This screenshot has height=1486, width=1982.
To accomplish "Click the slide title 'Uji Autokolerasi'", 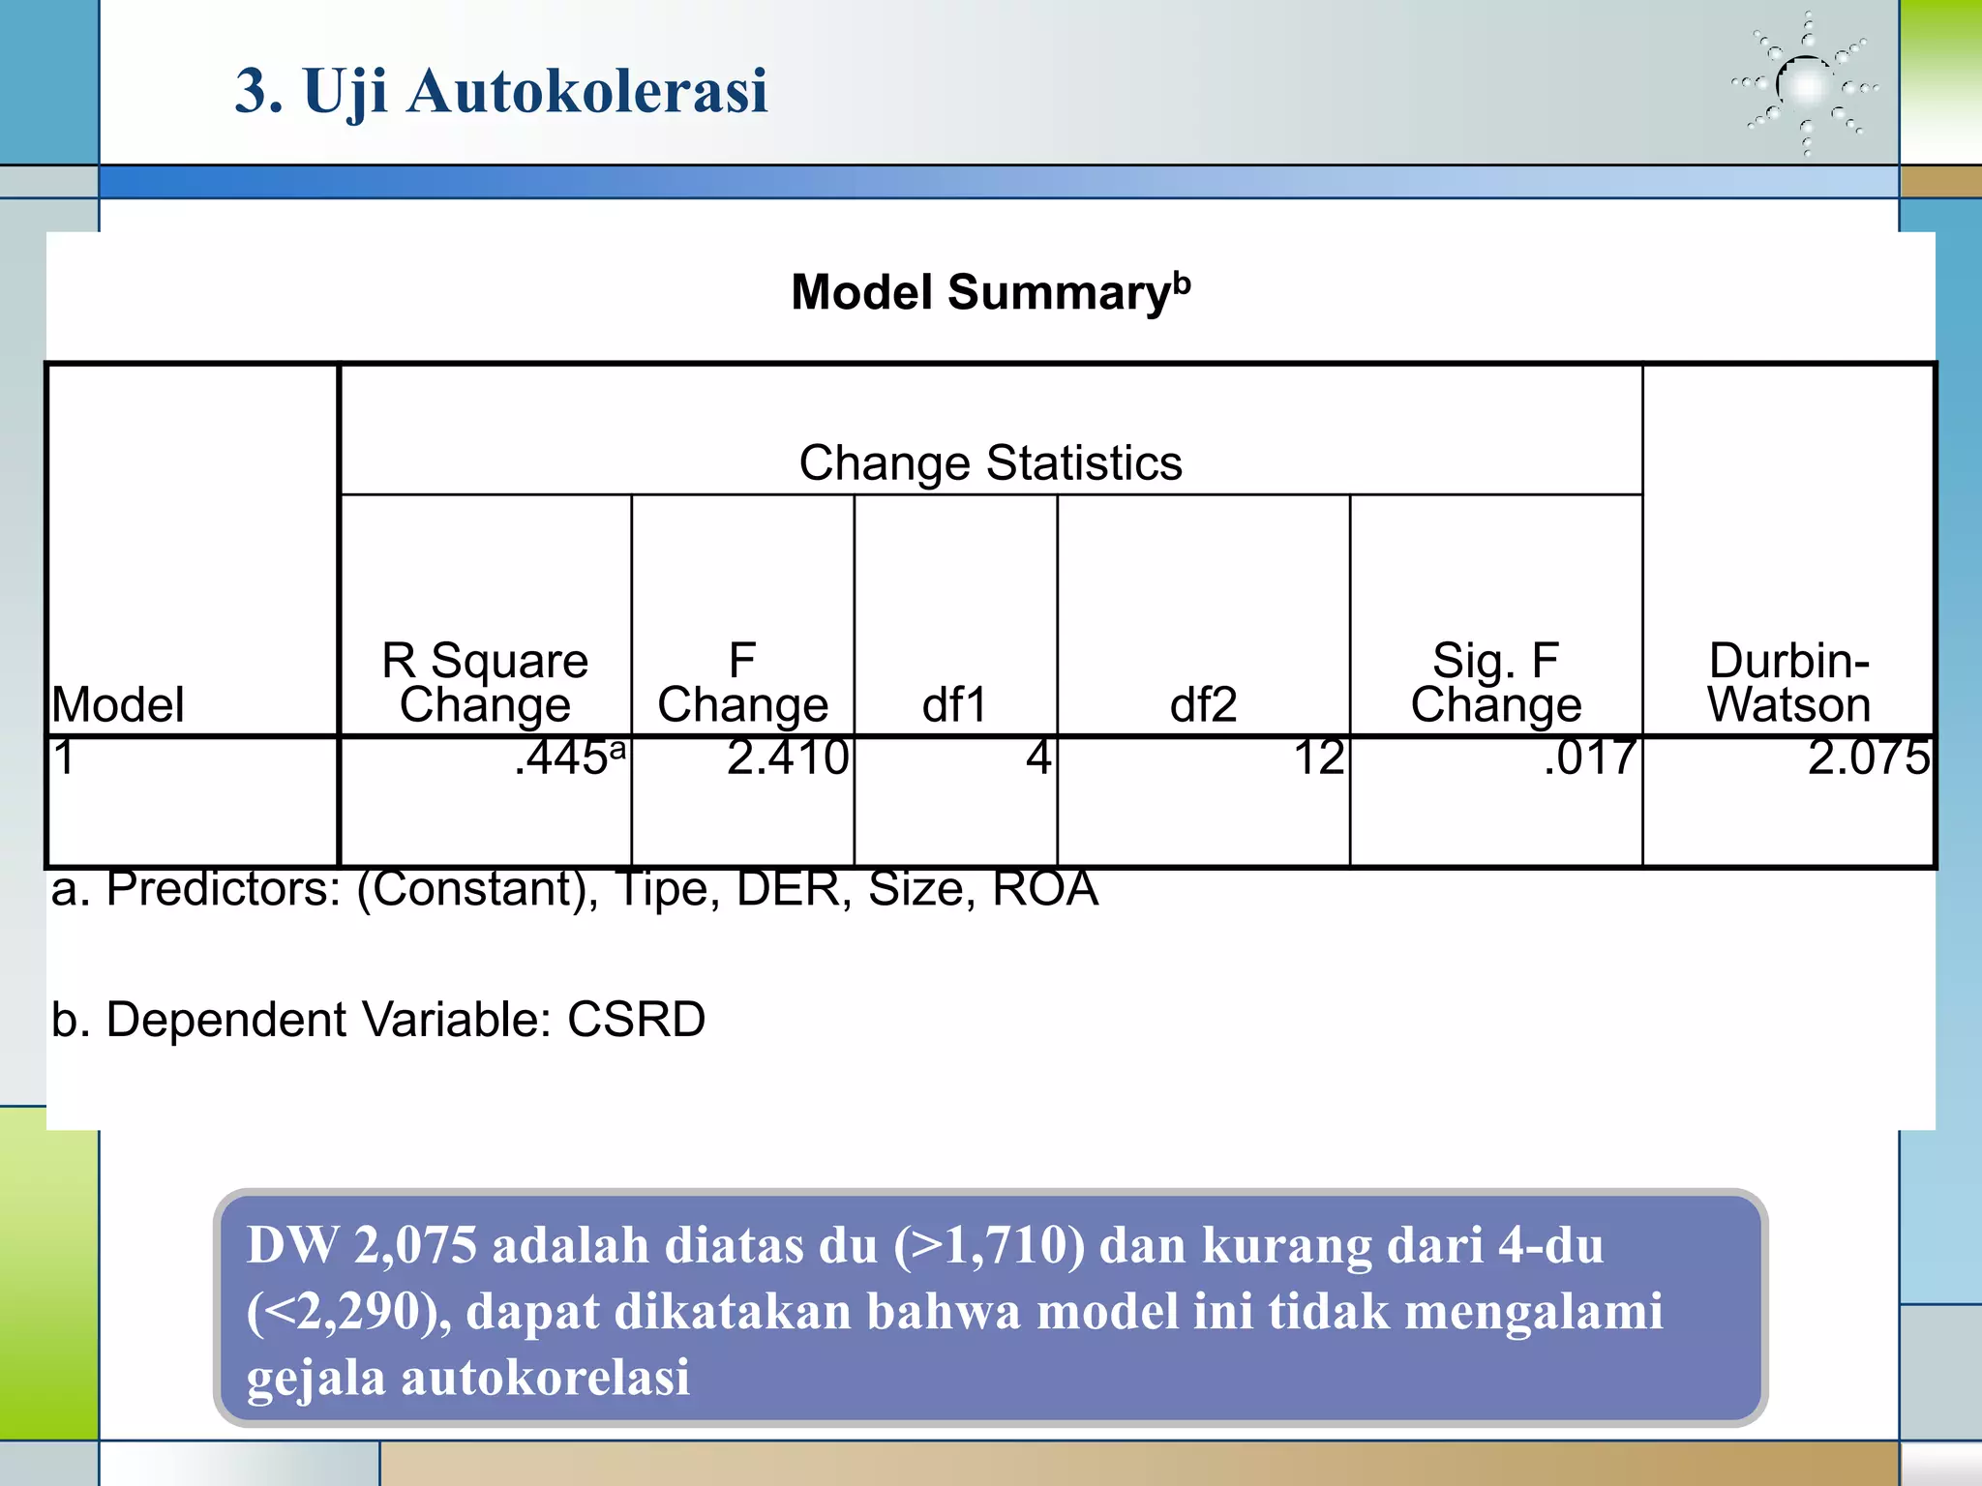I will click(501, 91).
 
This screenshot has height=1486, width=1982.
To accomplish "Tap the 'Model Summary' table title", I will click(990, 292).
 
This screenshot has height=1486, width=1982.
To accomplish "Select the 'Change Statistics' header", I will click(990, 462).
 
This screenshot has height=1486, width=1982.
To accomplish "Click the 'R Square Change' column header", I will click(485, 682).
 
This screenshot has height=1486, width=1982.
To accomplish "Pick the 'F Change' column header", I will click(742, 682).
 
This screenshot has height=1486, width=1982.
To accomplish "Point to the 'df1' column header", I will click(954, 704).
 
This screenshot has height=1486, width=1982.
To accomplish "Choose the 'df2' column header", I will click(1203, 704).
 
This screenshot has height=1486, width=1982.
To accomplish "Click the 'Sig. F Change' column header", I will click(1495, 682).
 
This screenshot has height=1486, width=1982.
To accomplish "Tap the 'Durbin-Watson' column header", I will click(1788, 682).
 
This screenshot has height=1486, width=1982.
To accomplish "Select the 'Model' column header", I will click(118, 704).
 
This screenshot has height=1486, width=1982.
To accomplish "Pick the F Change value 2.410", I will click(788, 758).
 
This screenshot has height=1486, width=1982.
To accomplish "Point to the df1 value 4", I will click(1038, 758).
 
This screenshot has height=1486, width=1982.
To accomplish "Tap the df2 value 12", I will click(1319, 758).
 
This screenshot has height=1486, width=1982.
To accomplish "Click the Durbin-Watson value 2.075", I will click(1868, 758).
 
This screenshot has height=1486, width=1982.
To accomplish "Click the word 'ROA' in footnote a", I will click(1045, 888).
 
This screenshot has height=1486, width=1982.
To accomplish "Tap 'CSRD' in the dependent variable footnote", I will click(636, 1020).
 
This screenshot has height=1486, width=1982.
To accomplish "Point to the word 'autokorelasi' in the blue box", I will click(545, 1377).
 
